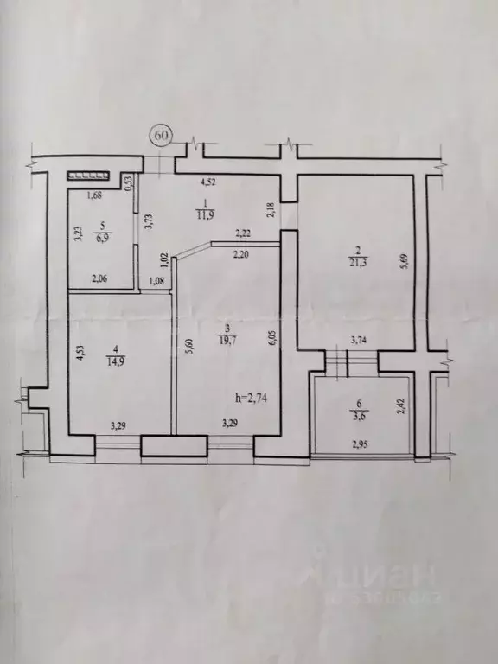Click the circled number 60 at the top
tap(162, 136)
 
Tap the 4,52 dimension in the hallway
tap(209, 182)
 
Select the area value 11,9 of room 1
tap(206, 214)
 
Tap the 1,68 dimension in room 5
tap(95, 195)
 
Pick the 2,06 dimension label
tap(103, 279)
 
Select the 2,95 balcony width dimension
tap(359, 444)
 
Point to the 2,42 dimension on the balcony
tap(399, 406)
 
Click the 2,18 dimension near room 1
tap(271, 208)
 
